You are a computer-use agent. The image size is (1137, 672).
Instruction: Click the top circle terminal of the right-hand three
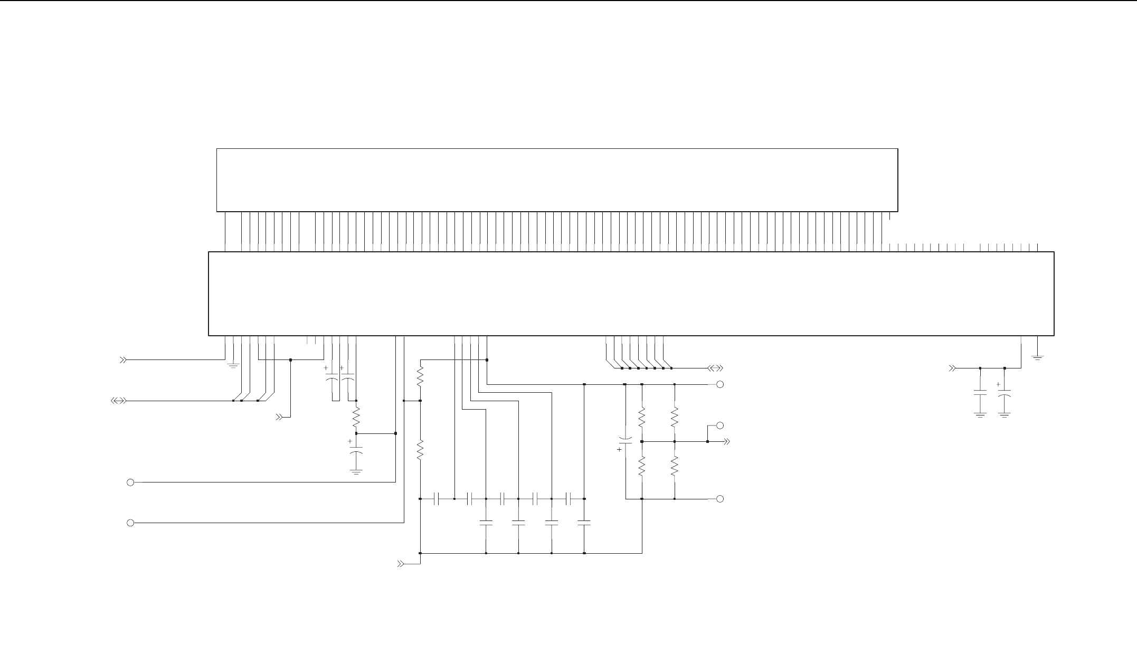(720, 385)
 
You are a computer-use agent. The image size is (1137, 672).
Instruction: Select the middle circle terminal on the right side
(720, 425)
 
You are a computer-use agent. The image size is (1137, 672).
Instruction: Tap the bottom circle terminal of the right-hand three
(720, 499)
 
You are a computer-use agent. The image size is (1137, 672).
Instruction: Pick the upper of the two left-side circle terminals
(130, 482)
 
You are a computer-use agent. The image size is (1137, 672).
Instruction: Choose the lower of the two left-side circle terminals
(130, 523)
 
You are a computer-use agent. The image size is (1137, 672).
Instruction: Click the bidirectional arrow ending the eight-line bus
(715, 368)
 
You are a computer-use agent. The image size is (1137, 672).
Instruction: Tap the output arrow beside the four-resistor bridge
(726, 441)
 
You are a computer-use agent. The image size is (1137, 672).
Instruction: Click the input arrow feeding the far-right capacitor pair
(953, 368)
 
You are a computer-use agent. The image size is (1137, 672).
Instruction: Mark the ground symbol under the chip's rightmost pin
(1038, 358)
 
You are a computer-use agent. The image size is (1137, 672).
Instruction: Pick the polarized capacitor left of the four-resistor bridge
(626, 442)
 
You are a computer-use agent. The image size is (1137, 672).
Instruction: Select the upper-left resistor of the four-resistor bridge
(642, 417)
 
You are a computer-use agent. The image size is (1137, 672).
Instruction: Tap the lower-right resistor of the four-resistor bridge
(675, 467)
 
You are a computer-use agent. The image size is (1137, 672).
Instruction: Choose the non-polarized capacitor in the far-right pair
(980, 393)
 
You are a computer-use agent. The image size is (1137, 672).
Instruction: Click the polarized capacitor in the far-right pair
(1005, 393)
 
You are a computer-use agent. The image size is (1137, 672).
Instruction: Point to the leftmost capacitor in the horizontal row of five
(437, 499)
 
